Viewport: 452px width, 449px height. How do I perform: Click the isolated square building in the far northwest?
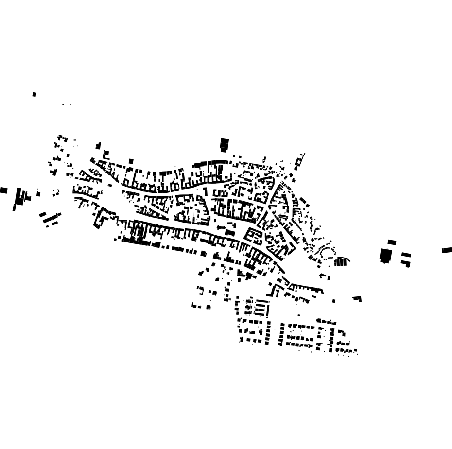[34, 94]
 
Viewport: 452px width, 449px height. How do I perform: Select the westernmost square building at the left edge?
[4, 190]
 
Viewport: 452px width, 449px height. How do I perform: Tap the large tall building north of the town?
[224, 144]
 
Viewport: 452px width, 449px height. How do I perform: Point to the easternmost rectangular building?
[447, 250]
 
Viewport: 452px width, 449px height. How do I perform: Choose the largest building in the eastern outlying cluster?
[385, 255]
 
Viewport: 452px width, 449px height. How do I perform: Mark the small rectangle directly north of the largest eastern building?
[392, 242]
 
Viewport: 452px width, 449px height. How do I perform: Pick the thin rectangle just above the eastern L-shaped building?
[406, 255]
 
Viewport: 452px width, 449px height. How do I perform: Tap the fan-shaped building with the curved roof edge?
[342, 261]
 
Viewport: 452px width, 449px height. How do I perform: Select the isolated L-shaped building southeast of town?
[358, 298]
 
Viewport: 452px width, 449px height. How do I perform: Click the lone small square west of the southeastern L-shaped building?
[334, 301]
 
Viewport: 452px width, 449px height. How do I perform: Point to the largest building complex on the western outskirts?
[21, 198]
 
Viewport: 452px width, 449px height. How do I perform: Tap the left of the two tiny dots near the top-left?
[63, 104]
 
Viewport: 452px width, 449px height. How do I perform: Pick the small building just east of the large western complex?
[38, 194]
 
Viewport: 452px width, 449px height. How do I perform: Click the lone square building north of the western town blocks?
[131, 161]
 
